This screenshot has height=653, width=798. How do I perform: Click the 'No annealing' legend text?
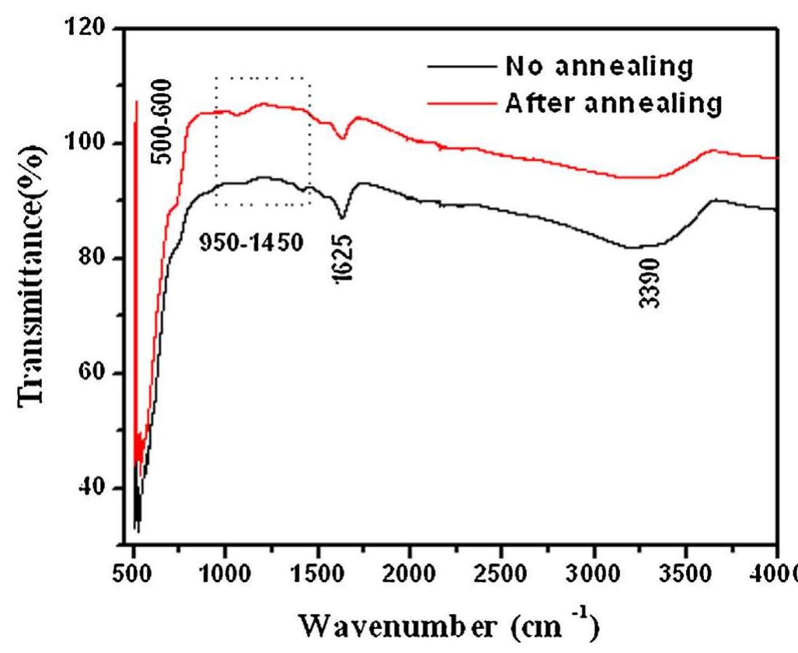pyautogui.click(x=598, y=67)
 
